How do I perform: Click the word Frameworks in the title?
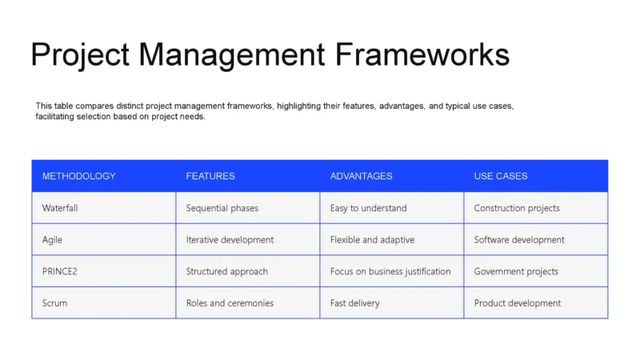[x=422, y=54]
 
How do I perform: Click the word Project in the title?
[x=80, y=54]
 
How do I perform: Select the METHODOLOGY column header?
[x=79, y=176]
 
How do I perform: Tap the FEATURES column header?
[x=210, y=176]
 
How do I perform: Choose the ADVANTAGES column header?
[x=361, y=176]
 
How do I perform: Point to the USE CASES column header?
[x=501, y=176]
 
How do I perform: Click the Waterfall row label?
[x=60, y=208]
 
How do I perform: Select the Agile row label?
[x=52, y=239]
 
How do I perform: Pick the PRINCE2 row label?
[x=60, y=271]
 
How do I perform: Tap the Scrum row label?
[x=55, y=303]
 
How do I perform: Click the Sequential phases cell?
[x=222, y=208]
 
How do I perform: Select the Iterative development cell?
[x=230, y=239]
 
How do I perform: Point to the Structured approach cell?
[x=227, y=271]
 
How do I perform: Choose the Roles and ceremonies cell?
[x=230, y=303]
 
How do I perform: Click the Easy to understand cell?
[x=368, y=208]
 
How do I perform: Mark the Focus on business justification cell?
[x=390, y=271]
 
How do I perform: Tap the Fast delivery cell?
[x=355, y=303]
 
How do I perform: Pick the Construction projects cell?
[x=517, y=208]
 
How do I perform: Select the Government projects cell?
[x=516, y=271]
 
